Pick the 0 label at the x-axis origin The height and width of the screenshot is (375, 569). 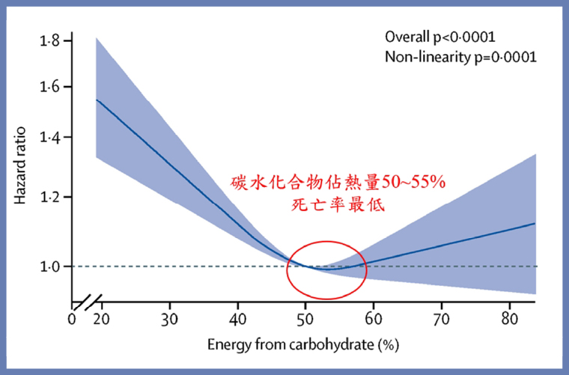click(x=72, y=318)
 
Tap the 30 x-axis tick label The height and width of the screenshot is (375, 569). click(x=170, y=318)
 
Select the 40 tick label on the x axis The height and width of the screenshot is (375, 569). click(x=238, y=318)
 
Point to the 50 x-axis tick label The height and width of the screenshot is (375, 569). click(x=305, y=318)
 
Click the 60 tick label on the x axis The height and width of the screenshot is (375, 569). click(x=374, y=318)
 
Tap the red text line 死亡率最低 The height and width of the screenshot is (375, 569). click(x=335, y=204)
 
